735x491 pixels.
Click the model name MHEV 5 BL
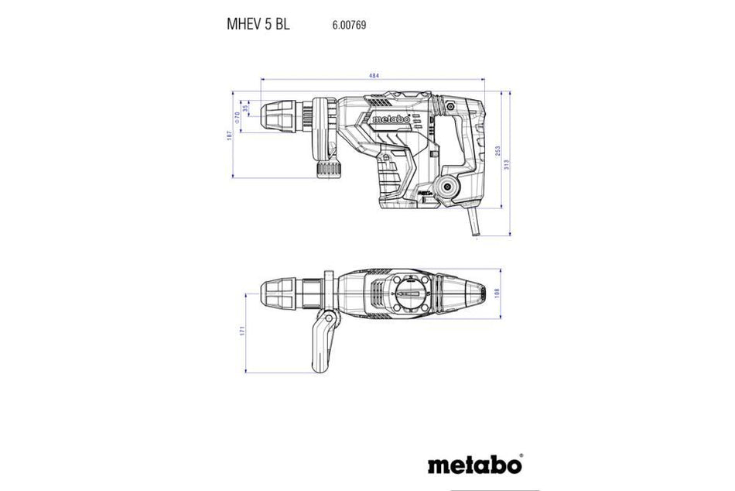pyautogui.click(x=258, y=24)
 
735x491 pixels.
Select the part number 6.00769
pyautogui.click(x=349, y=25)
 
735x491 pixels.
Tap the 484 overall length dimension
pyautogui.click(x=373, y=76)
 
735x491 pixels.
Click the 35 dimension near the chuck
pyautogui.click(x=246, y=109)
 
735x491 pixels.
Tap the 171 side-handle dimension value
pyautogui.click(x=242, y=331)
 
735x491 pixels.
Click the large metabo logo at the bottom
pyautogui.click(x=474, y=465)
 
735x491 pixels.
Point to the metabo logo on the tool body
pyautogui.click(x=391, y=120)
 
